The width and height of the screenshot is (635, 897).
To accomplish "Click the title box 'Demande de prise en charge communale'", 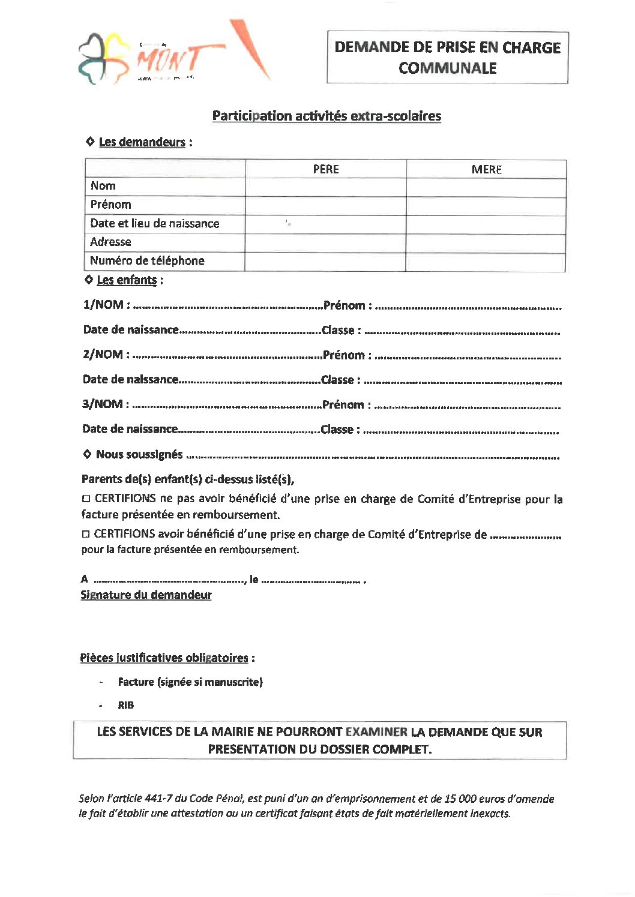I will click(447, 58).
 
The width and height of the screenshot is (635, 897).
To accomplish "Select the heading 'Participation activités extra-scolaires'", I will click(327, 116).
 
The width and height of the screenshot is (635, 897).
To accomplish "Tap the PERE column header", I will click(326, 169).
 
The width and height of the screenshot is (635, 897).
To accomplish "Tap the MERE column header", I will click(486, 169).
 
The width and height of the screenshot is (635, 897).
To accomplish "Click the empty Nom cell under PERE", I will click(326, 187).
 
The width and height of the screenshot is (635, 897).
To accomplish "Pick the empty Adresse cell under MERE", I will click(486, 243).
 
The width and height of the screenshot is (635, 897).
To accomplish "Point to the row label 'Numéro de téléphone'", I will click(147, 261).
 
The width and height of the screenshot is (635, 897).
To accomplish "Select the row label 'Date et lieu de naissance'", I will click(154, 224).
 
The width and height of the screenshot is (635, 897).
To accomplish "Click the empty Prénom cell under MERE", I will click(486, 206).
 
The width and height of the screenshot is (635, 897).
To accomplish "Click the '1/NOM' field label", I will click(106, 305).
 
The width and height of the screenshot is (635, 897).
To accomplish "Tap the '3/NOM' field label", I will click(105, 404).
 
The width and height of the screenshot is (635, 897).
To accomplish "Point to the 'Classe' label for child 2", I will click(340, 380).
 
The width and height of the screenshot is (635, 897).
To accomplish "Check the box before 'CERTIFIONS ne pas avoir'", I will click(86, 499).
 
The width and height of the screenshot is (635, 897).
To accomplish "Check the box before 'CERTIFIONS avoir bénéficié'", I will click(86, 534).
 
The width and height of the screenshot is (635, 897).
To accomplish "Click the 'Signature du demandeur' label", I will click(146, 595).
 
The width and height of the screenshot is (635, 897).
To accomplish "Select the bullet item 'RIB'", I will click(125, 706).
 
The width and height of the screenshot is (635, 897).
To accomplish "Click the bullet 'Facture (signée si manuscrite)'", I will click(190, 682).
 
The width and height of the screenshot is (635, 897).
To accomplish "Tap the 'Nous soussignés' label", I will click(139, 454).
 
